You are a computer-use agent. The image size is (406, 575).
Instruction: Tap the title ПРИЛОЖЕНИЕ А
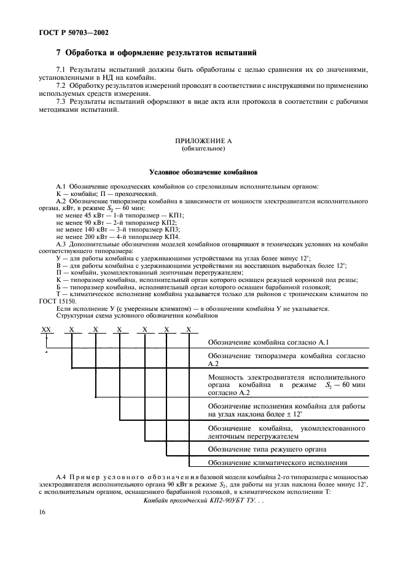point(203,141)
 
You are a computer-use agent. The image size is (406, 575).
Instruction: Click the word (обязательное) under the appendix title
point(203,149)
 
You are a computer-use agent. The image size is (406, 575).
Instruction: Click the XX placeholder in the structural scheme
point(45,329)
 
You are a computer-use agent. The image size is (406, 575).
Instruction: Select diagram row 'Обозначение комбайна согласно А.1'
point(271,342)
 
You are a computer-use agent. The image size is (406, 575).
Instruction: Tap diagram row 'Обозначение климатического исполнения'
point(278,463)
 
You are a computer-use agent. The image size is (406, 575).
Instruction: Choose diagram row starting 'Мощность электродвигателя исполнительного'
point(286,376)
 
